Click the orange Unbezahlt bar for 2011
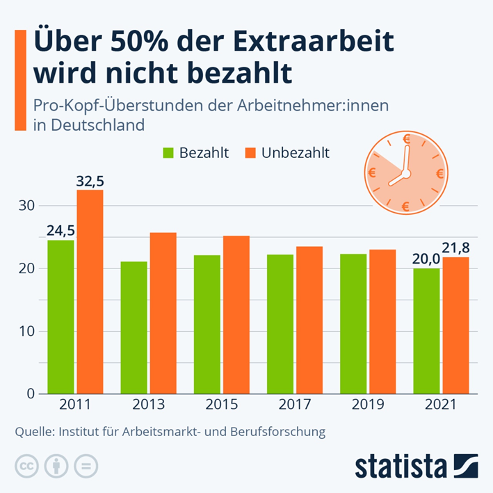90,291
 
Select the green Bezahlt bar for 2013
134,328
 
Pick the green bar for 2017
280,324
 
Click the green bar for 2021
426,331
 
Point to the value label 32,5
90,181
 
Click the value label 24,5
60,231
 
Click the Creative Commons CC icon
26,466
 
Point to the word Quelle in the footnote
33,432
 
